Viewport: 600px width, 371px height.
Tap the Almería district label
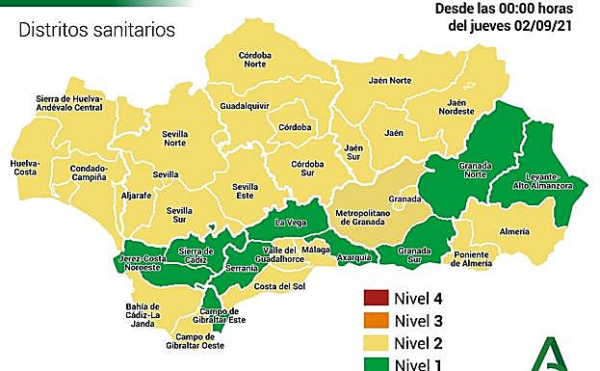[514, 232]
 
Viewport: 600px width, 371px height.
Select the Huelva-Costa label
[24, 170]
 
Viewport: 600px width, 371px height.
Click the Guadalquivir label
[243, 104]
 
